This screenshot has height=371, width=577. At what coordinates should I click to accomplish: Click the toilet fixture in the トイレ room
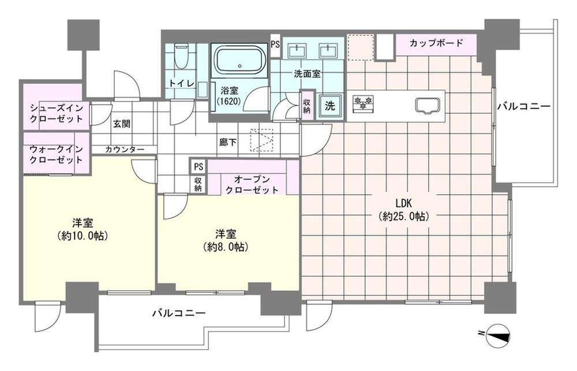181,57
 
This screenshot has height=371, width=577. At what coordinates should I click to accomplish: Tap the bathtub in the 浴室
240,61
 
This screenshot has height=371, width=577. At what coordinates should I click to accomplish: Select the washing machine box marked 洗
330,106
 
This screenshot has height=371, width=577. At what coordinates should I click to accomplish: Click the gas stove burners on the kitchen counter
363,102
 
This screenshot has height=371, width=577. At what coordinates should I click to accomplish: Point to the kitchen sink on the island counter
428,105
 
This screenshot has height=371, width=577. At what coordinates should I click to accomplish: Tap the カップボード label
436,43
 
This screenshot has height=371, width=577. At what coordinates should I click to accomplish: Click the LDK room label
403,203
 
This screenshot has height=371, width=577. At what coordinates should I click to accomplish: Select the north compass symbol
497,335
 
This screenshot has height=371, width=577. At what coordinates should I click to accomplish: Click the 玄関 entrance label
121,124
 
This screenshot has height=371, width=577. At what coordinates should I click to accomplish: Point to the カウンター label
125,150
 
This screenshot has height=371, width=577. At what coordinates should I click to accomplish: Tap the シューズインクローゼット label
57,113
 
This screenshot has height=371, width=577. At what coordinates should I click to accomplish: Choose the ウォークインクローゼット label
56,155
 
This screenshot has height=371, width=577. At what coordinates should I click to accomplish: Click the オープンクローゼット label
252,185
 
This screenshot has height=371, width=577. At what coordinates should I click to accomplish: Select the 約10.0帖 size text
83,236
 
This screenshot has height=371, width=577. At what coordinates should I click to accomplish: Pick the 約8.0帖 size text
226,247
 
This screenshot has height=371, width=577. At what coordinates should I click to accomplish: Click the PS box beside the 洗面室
275,45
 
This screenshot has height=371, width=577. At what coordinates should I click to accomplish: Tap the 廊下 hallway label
228,142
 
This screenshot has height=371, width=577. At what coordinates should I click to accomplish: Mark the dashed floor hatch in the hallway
263,140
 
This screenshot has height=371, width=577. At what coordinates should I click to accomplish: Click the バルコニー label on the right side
524,107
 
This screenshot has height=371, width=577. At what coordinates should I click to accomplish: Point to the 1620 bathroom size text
228,101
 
